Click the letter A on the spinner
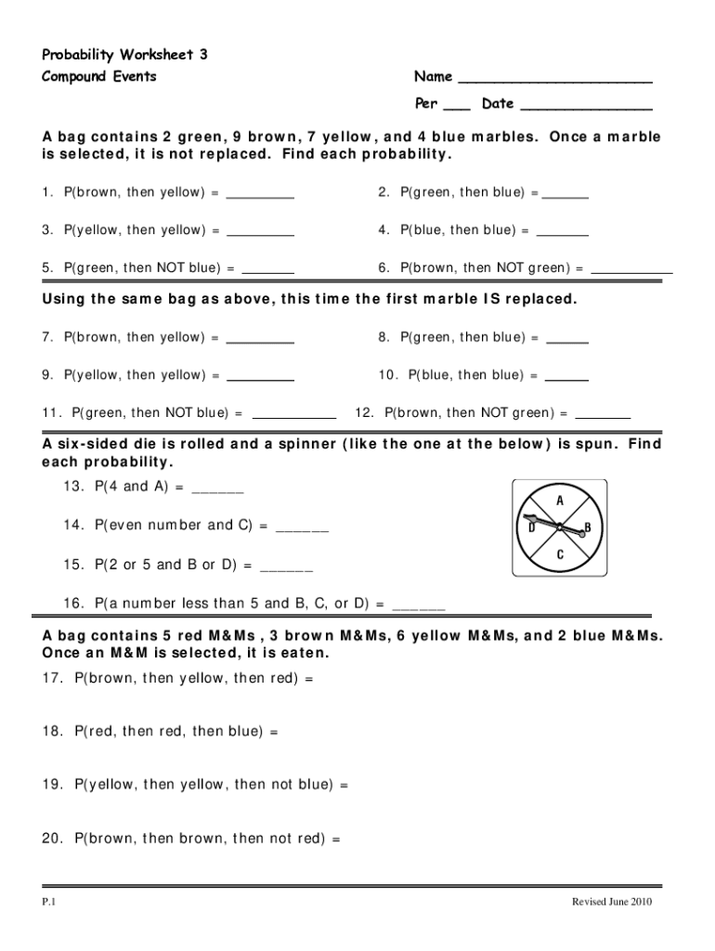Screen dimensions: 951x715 [x=560, y=501]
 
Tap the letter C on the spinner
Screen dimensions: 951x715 [x=560, y=554]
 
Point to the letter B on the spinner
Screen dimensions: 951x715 [x=587, y=528]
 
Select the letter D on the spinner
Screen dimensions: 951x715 [x=531, y=528]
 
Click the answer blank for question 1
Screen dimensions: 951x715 [x=260, y=198]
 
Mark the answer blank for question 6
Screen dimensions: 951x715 [x=631, y=273]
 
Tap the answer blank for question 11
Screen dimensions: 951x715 [x=293, y=418]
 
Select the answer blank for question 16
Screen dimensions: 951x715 [x=420, y=609]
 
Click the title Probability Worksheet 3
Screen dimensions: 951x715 [x=124, y=55]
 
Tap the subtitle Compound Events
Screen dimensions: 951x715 [x=99, y=76]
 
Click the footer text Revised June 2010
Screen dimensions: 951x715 [x=605, y=902]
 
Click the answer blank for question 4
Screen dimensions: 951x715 [x=563, y=235]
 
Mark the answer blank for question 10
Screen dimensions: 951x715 [x=565, y=380]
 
